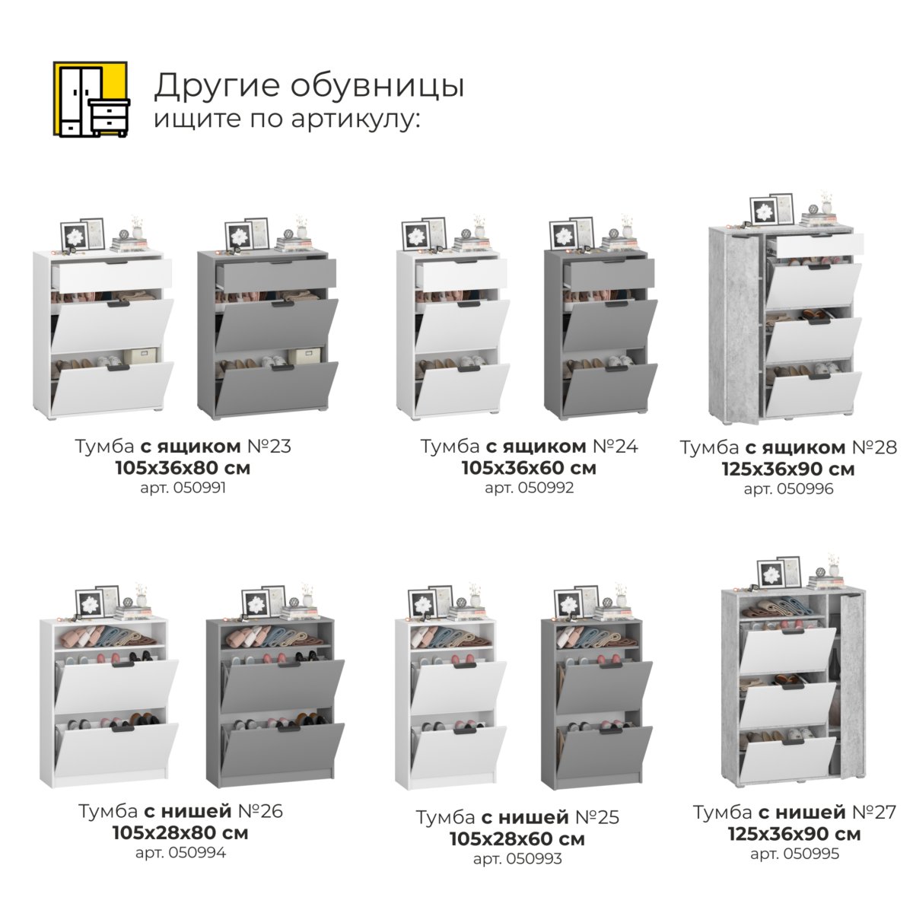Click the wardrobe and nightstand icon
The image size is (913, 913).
pos(91,99)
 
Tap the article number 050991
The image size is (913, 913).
pos(199,488)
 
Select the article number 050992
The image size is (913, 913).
pos(546,488)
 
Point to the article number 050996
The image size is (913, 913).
pos(805,489)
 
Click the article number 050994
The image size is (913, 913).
pos(197,853)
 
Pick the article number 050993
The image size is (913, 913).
pos(534,858)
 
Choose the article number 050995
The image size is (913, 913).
pos(811,854)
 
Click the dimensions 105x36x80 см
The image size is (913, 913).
pos(183,468)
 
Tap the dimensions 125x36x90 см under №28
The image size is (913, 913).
pos(788,469)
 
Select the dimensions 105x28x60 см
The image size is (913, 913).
pos(517,839)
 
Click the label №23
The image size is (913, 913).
pos(269,447)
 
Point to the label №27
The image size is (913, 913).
pos(874,812)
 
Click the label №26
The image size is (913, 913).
pos(260,811)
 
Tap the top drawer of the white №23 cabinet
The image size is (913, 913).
pos(113,274)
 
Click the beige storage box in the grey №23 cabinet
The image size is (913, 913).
pos(304,357)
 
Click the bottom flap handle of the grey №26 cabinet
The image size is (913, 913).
pos(288,728)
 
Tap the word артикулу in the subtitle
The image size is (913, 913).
pos(355,119)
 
